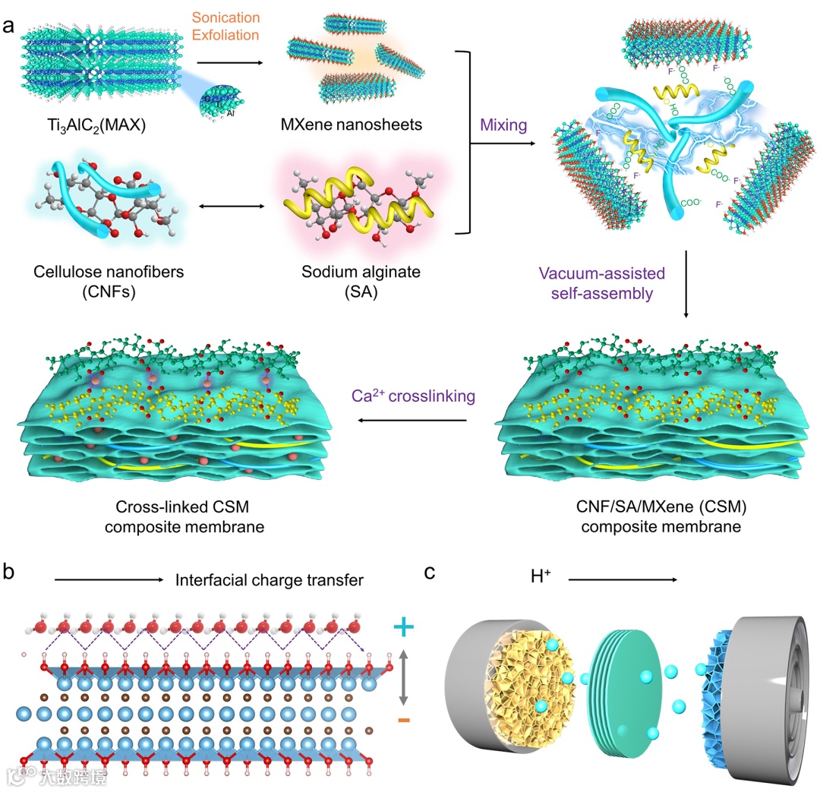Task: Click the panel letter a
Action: (x=11, y=25)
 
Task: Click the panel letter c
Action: (x=430, y=570)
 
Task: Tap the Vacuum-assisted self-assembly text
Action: (x=603, y=282)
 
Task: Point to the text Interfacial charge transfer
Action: (x=270, y=581)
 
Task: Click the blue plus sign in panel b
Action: (x=405, y=627)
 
